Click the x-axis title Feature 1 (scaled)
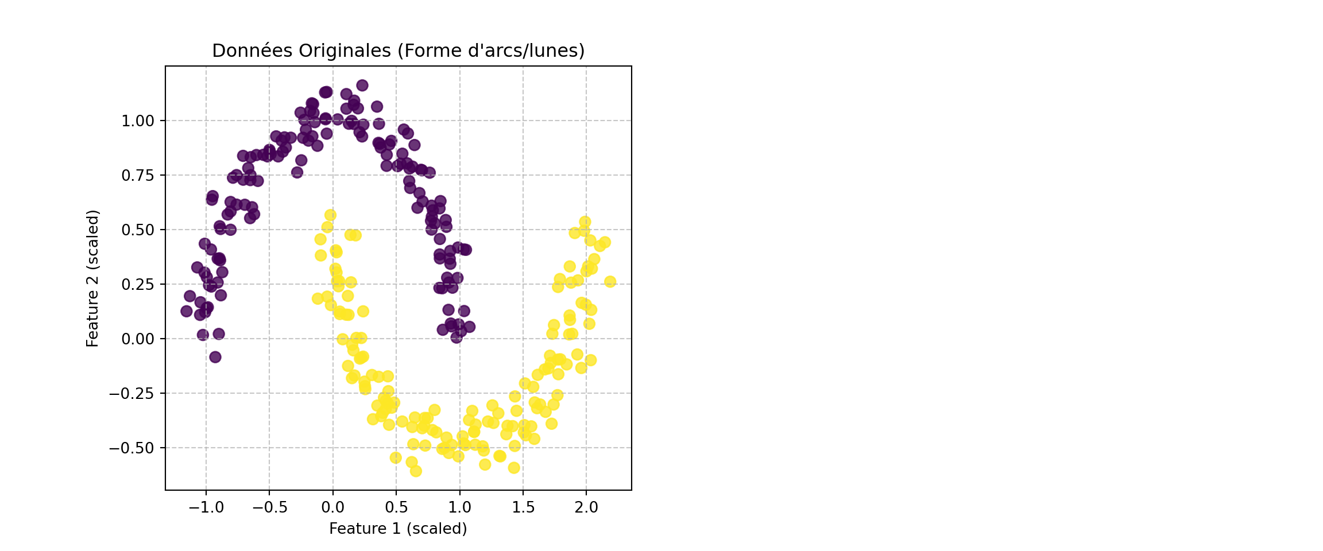click(398, 529)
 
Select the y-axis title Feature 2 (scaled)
click(93, 278)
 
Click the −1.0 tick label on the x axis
click(206, 507)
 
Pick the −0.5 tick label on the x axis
click(269, 507)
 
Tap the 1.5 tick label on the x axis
click(523, 507)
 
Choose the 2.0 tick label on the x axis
click(586, 507)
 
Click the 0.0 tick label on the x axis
click(333, 507)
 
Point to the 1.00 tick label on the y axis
click(138, 121)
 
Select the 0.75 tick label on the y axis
click(138, 176)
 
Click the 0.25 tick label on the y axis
click(138, 285)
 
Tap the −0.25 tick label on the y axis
click(132, 394)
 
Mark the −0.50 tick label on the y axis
click(132, 448)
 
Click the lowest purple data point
click(215, 357)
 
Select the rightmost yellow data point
click(610, 282)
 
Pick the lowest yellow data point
click(416, 471)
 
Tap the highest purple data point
click(362, 86)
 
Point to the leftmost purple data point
click(187, 311)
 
